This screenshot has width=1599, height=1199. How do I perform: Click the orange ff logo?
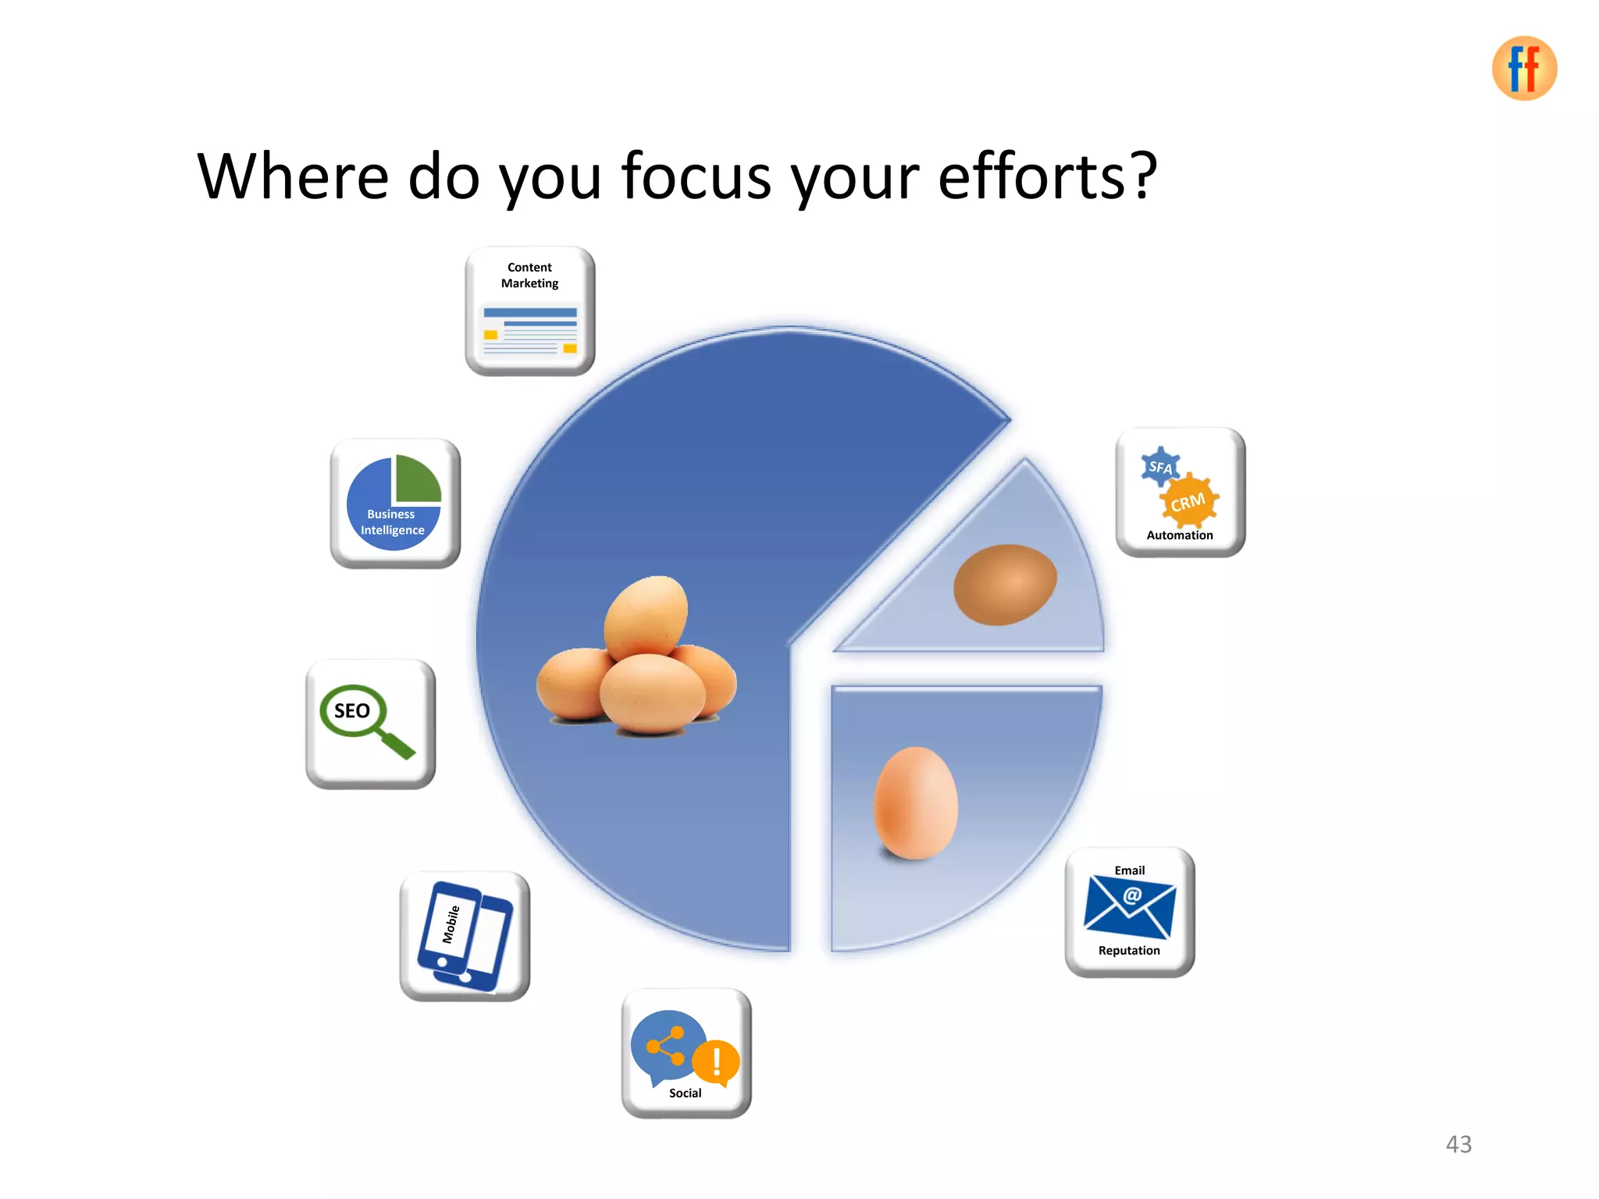[1523, 69]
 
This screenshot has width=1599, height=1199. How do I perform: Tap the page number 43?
[1458, 1144]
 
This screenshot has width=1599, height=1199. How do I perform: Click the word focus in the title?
[696, 176]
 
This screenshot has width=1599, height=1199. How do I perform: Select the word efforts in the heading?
[1046, 176]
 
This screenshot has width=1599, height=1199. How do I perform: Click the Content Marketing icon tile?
[530, 311]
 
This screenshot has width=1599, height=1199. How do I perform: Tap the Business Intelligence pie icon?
[394, 503]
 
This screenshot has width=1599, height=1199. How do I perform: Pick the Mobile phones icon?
[465, 936]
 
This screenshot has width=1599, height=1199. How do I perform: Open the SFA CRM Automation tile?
[1181, 493]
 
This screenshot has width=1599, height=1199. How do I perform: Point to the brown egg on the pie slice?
[1005, 584]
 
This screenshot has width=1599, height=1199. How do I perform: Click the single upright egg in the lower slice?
[915, 803]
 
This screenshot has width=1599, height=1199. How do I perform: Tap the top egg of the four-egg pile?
[646, 617]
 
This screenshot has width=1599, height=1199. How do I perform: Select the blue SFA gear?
[1160, 467]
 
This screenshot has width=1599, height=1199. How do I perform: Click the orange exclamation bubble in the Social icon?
[716, 1062]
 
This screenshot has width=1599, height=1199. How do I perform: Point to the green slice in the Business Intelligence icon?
[417, 479]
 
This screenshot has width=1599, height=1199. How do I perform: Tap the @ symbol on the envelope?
[1132, 895]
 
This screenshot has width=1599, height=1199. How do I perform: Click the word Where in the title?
[293, 176]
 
